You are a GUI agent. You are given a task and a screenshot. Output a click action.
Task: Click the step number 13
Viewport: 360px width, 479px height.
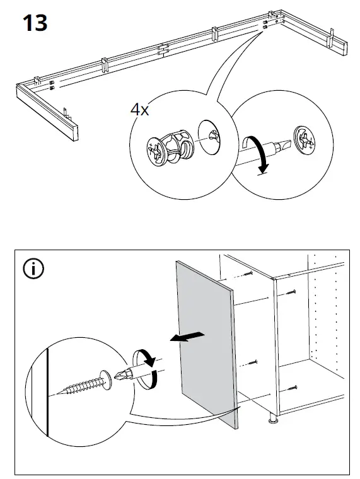click(x=35, y=23)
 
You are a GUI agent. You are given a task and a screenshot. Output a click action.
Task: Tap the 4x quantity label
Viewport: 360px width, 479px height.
click(x=140, y=110)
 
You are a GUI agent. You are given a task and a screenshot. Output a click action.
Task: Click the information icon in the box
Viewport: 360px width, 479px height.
click(x=33, y=269)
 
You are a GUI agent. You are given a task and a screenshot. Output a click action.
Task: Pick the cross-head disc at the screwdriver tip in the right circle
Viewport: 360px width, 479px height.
click(x=305, y=141)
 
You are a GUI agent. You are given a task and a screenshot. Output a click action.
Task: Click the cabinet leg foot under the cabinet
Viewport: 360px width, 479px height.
click(x=272, y=419)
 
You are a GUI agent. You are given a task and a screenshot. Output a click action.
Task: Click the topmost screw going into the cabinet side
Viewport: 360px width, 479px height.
click(x=248, y=274)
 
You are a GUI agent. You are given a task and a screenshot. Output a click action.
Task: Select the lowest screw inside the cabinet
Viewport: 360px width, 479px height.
click(x=292, y=389)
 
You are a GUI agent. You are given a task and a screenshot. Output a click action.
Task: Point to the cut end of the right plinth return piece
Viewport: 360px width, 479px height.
click(x=345, y=49)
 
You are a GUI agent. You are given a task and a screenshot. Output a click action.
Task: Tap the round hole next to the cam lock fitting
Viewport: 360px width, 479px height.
click(x=209, y=137)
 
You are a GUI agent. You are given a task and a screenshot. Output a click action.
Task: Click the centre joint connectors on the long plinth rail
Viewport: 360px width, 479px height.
click(x=163, y=50)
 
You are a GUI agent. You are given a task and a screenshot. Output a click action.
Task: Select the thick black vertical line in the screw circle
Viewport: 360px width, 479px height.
click(x=47, y=393)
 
